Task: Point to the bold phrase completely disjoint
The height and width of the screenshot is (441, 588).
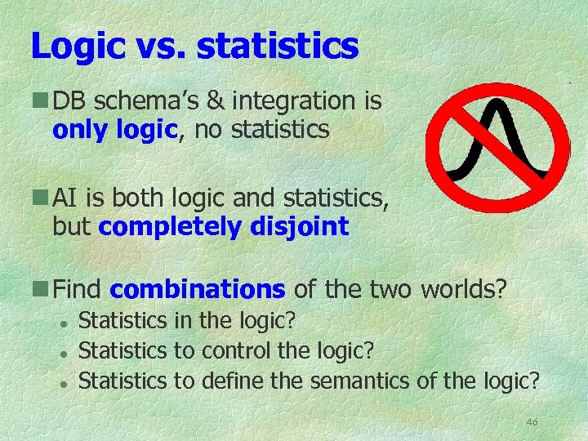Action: [x=223, y=226]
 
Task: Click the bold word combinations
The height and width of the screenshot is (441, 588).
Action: [x=198, y=289]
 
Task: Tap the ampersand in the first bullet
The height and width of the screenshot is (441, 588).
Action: [x=216, y=101]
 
